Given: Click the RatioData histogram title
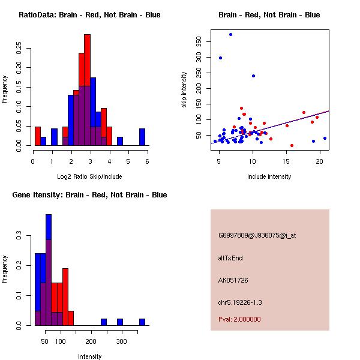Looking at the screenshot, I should click(x=89, y=15).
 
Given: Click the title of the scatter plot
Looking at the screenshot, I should click(x=269, y=15).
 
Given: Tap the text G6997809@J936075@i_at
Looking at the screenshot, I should click(x=257, y=235).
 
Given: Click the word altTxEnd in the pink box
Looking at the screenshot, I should click(x=231, y=258).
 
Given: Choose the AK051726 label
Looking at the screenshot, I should click(x=233, y=280).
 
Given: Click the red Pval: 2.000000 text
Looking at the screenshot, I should click(x=239, y=319).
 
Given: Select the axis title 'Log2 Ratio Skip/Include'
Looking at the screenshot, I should click(x=89, y=176).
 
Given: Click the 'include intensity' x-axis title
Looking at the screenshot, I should click(x=269, y=176).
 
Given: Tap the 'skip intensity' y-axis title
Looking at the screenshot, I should click(x=184, y=90).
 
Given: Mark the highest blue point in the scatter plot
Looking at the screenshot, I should click(x=230, y=34).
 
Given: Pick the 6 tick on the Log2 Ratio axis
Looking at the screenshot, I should click(x=147, y=161).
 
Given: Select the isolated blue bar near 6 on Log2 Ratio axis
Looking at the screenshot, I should click(x=142, y=137).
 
